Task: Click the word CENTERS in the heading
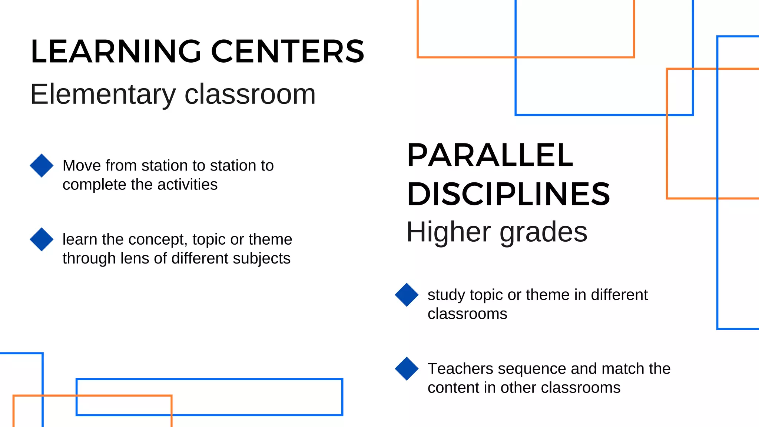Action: (x=288, y=52)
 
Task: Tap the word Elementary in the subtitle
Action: (x=103, y=95)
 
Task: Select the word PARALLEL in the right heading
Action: (x=490, y=155)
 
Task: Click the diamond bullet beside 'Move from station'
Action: (x=42, y=165)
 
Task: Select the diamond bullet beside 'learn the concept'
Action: (x=42, y=239)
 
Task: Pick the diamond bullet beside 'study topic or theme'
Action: (x=407, y=295)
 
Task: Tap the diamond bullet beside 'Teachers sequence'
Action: (x=407, y=368)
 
